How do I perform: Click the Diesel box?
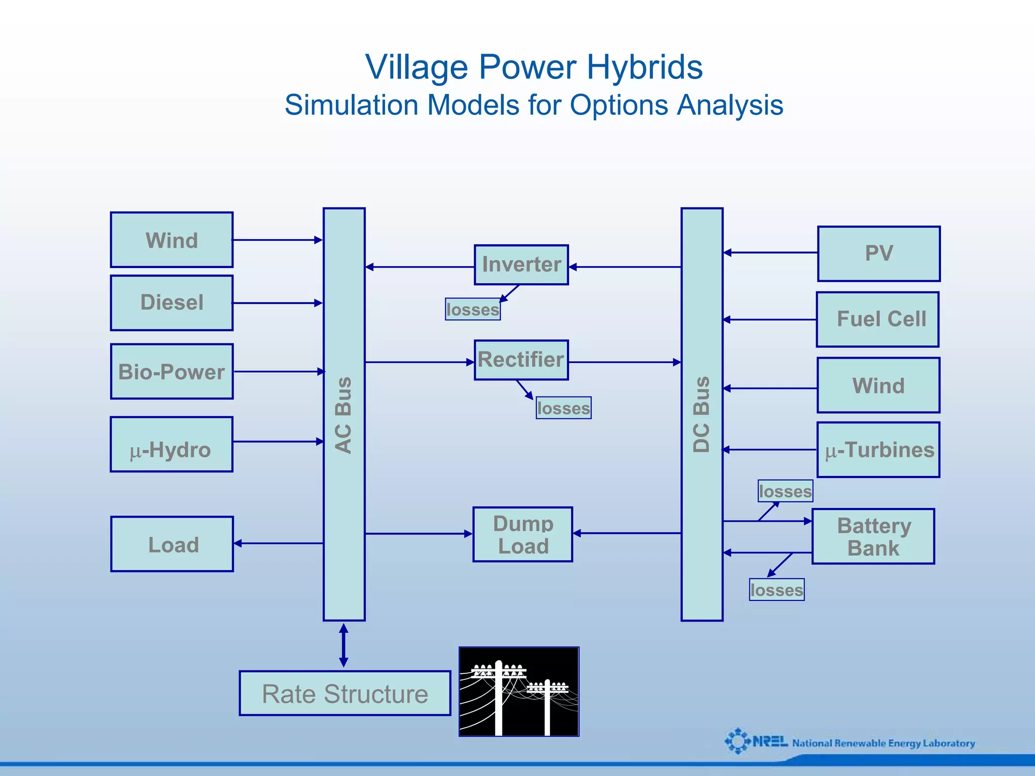172,303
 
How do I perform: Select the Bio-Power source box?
172,372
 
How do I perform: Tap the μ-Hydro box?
172,445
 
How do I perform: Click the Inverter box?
521,265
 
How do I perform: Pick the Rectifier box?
521,360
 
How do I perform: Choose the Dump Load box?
523,535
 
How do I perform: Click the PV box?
879,254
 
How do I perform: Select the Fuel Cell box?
878,320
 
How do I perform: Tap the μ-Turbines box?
878,450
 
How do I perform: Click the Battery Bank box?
873,537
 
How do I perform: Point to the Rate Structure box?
345,694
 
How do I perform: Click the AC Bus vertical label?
344,415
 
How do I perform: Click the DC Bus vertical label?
701,415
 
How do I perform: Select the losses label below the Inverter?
473,309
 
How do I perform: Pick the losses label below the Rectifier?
563,408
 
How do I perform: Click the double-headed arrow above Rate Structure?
344,645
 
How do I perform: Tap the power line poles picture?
519,692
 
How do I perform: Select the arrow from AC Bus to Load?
278,543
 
